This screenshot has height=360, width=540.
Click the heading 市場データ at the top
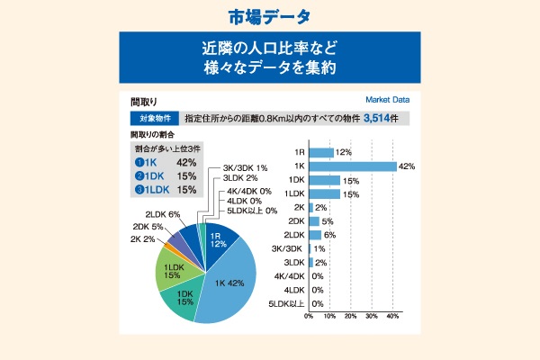(269, 18)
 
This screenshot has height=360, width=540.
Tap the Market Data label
(387, 100)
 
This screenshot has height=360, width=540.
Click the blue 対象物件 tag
(154, 118)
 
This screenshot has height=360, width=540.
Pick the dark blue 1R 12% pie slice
(216, 239)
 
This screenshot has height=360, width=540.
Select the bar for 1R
(321, 152)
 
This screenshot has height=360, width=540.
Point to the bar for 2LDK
(315, 235)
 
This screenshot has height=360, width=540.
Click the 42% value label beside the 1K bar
(406, 166)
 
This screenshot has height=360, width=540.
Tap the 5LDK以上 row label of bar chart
(286, 303)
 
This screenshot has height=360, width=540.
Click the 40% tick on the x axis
(393, 317)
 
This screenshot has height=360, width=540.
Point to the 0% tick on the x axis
(309, 317)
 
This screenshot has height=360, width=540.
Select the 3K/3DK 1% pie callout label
(245, 168)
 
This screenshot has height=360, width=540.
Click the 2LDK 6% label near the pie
(163, 214)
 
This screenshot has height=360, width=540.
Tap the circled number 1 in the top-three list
(139, 162)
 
